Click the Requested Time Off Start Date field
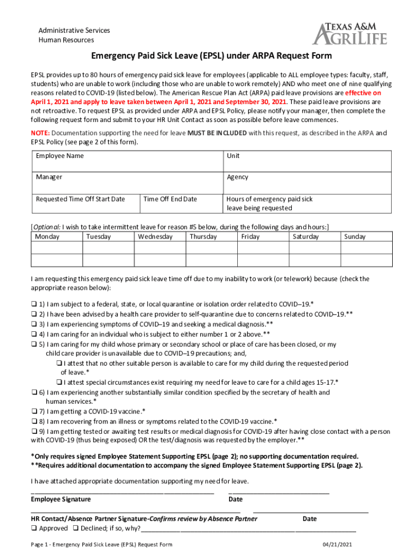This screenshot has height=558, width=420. (x=86, y=204)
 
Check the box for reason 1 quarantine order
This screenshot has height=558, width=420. (x=34, y=304)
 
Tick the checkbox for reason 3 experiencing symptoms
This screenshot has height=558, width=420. (x=34, y=324)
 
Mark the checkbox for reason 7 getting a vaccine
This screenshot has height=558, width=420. (x=34, y=411)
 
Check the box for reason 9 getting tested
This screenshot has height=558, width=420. (x=34, y=432)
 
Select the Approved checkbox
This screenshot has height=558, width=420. (x=34, y=529)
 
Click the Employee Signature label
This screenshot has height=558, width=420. (x=61, y=499)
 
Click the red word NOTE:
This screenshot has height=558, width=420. (x=40, y=133)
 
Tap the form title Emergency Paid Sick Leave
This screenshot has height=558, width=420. (x=211, y=56)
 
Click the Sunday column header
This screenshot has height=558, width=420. (x=355, y=237)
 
